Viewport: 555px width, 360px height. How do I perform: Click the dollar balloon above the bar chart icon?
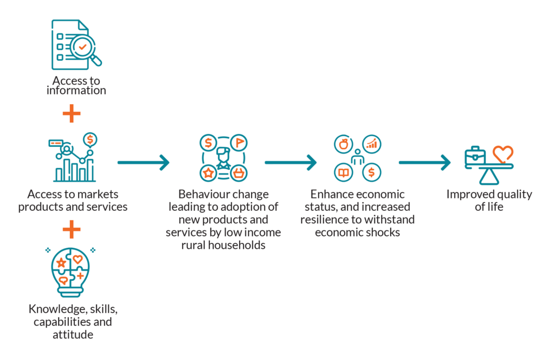coord(89,139)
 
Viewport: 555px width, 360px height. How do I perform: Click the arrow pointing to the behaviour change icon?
coord(143,162)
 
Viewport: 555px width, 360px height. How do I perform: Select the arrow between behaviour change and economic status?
coord(291,162)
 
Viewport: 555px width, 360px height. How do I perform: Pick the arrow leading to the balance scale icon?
coord(424,162)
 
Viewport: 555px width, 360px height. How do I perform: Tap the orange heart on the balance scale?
coord(502,153)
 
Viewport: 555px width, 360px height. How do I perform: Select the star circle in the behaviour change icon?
coord(208,173)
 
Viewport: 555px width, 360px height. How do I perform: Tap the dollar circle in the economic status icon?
coord(372,172)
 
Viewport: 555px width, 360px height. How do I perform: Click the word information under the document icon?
coord(76,91)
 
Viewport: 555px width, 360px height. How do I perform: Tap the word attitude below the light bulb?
coord(72,335)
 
